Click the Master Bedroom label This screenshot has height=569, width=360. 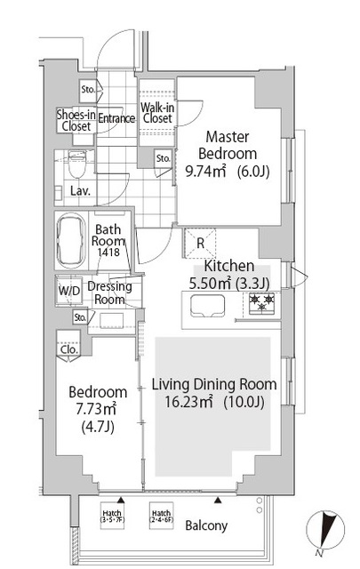point(228,145)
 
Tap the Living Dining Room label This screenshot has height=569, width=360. point(214,384)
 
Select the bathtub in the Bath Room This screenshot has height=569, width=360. point(71,240)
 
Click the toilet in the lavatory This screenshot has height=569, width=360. point(76,164)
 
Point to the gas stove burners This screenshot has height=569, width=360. point(261,302)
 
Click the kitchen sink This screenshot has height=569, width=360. point(208,306)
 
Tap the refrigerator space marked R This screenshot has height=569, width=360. point(200,243)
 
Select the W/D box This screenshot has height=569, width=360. point(69,291)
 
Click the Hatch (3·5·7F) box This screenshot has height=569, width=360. point(112,516)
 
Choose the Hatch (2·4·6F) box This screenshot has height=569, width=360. point(162,516)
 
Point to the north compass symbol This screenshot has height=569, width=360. point(325,530)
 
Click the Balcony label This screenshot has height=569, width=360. point(206,525)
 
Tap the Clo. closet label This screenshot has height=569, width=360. point(69,349)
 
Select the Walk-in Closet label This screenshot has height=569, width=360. point(157,113)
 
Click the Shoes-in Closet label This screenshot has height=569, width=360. point(76,121)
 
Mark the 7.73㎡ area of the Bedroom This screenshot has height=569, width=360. point(95,409)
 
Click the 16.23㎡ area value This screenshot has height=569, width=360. point(188,401)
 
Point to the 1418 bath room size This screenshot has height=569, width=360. point(108,252)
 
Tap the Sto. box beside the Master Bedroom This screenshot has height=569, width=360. point(163,158)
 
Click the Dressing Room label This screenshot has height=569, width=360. point(109,293)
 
